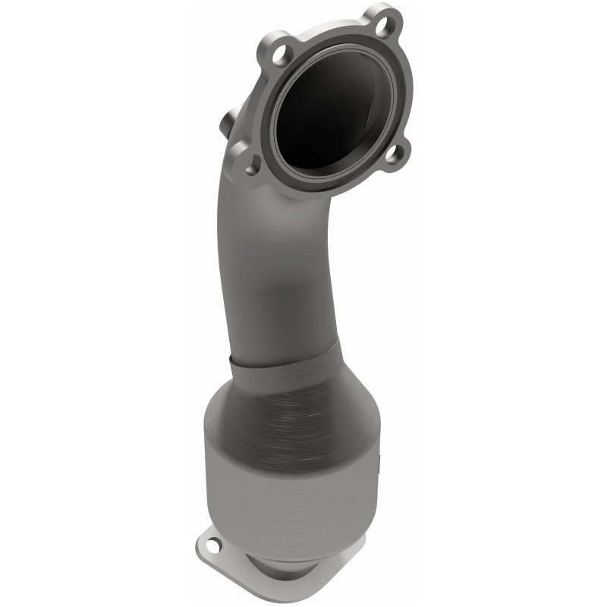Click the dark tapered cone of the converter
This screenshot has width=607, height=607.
296,410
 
